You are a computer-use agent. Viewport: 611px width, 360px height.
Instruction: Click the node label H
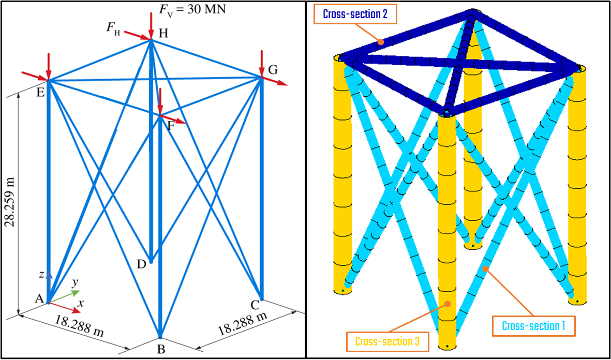click(x=163, y=34)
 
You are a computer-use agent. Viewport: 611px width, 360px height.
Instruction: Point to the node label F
click(x=171, y=125)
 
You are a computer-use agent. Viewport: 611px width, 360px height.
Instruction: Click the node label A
click(x=38, y=297)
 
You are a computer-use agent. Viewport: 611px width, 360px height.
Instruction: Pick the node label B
click(x=161, y=349)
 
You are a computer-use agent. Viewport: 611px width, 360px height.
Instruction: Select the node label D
click(x=141, y=264)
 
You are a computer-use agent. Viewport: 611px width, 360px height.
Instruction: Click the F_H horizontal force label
click(x=113, y=28)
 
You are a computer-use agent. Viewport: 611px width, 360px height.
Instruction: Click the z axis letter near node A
click(x=41, y=275)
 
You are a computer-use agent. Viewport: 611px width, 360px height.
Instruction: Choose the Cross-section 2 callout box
click(x=355, y=14)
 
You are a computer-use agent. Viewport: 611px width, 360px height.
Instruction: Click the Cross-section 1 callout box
click(x=533, y=326)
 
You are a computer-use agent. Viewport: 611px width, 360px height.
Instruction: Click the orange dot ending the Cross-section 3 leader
click(x=448, y=304)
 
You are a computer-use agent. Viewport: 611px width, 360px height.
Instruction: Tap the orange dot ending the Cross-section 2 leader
click(x=380, y=42)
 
